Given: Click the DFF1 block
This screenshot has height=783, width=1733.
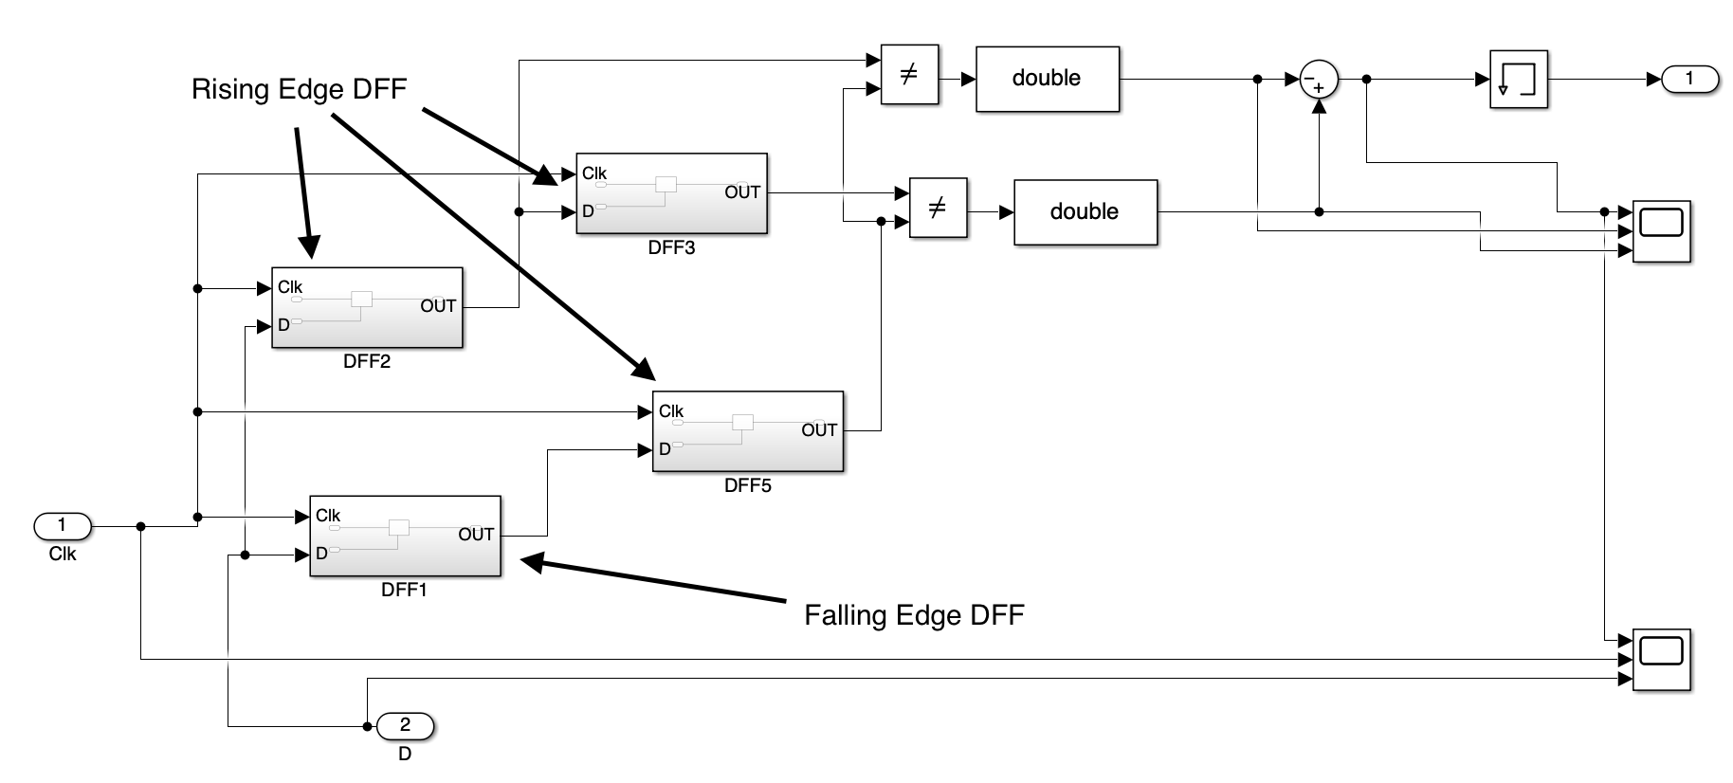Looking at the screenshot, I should coord(405,536).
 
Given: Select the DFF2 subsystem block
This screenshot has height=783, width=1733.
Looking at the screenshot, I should coord(367,307).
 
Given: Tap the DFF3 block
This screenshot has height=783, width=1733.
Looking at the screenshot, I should coord(671,193).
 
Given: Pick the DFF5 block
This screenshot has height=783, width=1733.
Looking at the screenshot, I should coord(748,431).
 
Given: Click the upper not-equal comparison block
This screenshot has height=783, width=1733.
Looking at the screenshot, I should coord(908,75).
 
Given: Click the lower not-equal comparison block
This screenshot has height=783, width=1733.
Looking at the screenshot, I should coord(938,208).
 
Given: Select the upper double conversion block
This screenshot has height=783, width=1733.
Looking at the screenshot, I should coord(1047,79).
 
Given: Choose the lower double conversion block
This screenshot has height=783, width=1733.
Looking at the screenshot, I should coord(1085,212).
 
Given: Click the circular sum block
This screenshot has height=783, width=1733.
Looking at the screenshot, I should coord(1318,81).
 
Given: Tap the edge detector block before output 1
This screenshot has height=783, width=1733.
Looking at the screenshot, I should coord(1518,80).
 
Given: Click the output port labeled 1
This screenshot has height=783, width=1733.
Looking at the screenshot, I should coord(1689,80).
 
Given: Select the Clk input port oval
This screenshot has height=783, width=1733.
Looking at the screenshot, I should coord(63,525).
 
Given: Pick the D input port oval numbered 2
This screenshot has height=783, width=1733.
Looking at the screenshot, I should coord(405,726).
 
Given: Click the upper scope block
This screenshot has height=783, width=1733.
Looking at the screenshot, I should coord(1661,231).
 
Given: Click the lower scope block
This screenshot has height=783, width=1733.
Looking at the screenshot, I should coord(1661,659).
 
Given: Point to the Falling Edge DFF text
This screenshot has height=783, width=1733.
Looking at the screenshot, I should coord(914,615).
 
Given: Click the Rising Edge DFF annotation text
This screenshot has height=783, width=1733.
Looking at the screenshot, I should coord(299,89).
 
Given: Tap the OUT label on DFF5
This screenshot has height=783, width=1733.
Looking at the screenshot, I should coord(819,430).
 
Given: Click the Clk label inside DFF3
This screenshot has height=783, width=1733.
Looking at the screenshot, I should coord(594,173).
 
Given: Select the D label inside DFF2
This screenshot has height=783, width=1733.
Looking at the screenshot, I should coord(283,325).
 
